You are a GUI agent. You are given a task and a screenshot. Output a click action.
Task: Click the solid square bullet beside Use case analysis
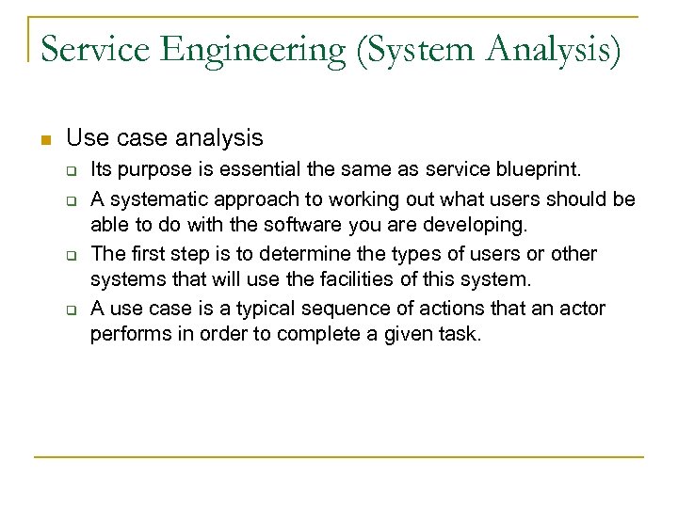click(43, 140)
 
